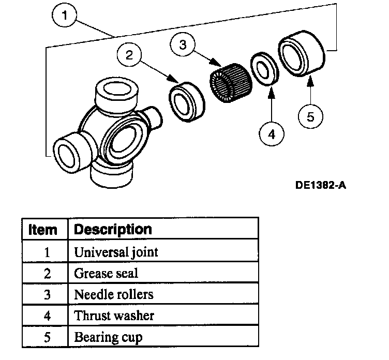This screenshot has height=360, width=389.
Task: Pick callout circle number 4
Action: point(271,134)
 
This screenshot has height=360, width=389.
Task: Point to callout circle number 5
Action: point(310,116)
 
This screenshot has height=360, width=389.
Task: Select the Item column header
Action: point(43,229)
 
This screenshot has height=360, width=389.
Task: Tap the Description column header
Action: point(113,229)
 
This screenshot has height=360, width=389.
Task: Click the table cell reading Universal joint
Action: point(116,252)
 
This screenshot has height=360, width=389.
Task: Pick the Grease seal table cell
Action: point(106,274)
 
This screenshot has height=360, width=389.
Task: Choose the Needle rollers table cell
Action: point(114,295)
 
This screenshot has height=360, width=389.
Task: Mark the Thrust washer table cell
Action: point(114,315)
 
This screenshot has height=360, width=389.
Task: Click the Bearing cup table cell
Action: point(108,337)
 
